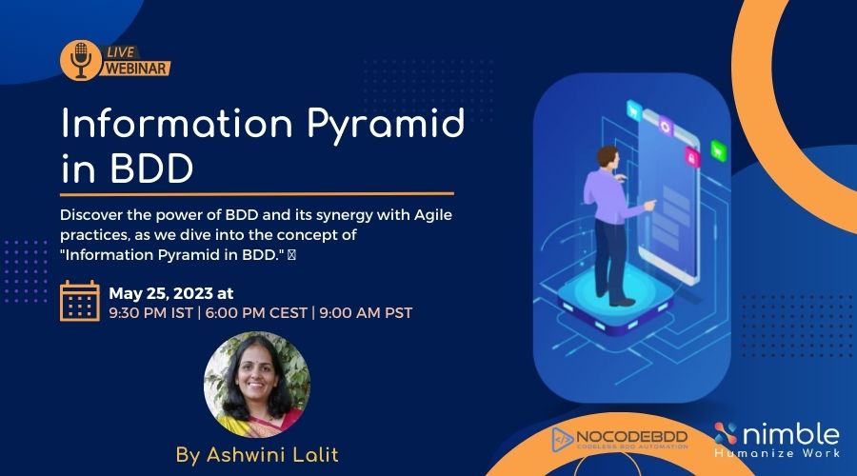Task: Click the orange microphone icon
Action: pyautogui.click(x=80, y=60)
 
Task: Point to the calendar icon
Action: pyautogui.click(x=80, y=302)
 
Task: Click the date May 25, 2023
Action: pyautogui.click(x=171, y=293)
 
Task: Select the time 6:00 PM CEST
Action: pyautogui.click(x=255, y=312)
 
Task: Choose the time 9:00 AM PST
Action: pyautogui.click(x=367, y=312)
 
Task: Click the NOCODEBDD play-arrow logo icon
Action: pyautogui.click(x=564, y=438)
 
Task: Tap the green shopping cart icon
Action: pyautogui.click(x=718, y=149)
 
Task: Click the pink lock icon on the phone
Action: pyautogui.click(x=692, y=157)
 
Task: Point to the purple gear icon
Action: pyautogui.click(x=666, y=127)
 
